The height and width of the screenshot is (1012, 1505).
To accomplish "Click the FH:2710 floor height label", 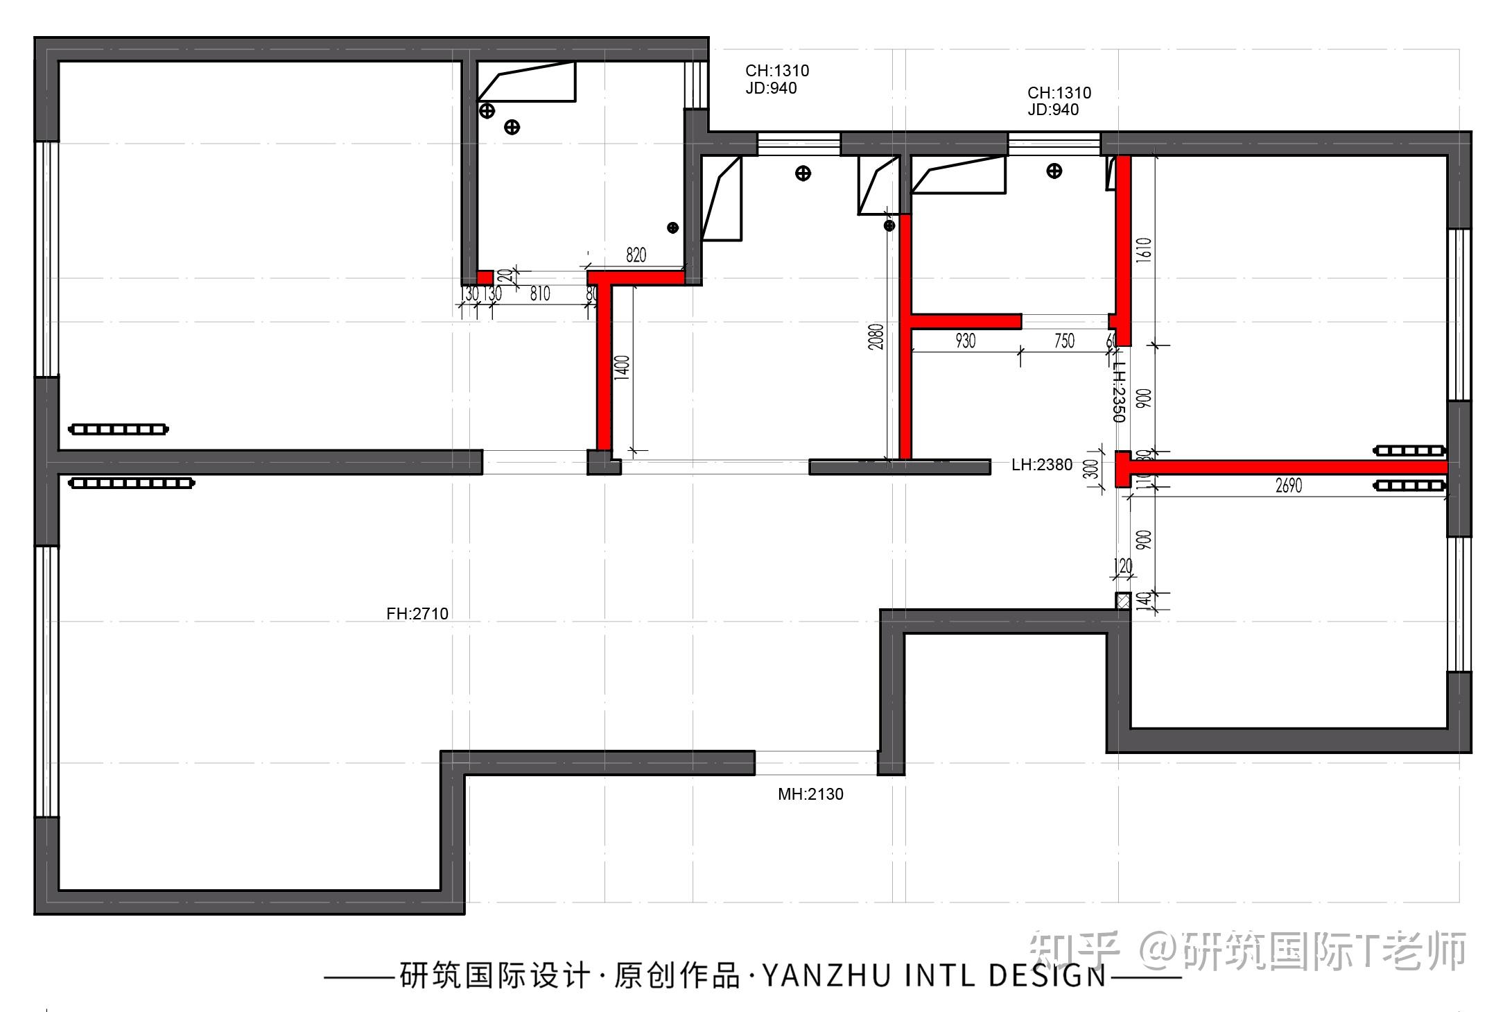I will coord(417,613).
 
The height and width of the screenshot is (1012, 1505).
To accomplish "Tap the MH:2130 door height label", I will coord(810,794).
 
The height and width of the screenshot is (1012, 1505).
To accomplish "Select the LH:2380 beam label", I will coord(1041,465).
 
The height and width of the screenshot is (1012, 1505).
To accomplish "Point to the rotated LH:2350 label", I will coord(1119,392).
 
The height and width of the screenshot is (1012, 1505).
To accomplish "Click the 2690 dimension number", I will coord(1288,486).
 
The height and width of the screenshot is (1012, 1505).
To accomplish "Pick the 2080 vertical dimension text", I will coord(876,336).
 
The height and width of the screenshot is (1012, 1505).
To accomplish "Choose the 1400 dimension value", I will coord(622,367).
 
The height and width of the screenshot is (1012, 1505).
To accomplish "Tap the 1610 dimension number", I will coord(1144,250).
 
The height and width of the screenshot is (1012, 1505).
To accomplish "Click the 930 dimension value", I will coord(965,341).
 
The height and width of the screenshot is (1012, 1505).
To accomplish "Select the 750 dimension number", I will coord(1064,341).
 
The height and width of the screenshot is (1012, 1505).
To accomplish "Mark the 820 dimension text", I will coord(636,255).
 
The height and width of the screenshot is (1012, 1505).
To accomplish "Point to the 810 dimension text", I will coord(540,293).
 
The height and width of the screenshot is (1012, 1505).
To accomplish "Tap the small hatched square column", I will coord(1122,601).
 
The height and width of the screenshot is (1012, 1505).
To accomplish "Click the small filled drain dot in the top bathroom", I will coord(672,228).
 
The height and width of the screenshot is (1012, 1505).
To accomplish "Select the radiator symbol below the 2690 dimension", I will coord(1410,486).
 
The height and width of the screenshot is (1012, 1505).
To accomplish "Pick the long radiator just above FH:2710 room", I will coord(132,483).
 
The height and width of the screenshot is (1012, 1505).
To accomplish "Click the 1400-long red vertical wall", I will coord(604,368).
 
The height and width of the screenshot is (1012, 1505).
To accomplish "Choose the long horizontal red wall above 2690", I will coord(1289,468).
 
